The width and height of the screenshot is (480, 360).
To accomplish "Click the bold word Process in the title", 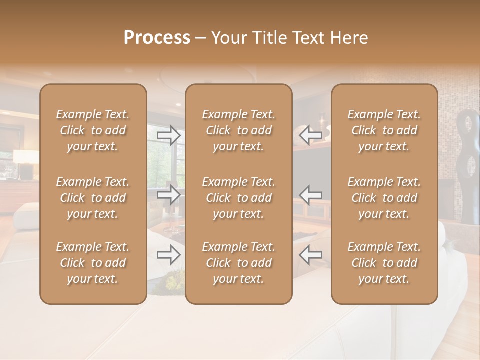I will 157,38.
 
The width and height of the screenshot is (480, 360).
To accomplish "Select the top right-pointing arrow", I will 168,135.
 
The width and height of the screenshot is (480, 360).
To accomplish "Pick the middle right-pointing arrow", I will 168,195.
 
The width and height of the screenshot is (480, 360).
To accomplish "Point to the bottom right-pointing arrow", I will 168,255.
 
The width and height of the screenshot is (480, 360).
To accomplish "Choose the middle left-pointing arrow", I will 311,195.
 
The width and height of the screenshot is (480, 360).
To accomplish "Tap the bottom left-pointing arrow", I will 311,255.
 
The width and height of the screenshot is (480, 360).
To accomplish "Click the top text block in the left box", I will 93,130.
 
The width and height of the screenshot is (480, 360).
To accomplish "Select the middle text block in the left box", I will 93,198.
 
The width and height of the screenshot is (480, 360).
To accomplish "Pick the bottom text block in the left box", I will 93,263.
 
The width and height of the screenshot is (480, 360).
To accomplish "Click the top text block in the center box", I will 238,130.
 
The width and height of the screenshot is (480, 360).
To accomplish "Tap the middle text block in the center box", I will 238,198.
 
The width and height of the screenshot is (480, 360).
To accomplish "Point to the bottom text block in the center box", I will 238,263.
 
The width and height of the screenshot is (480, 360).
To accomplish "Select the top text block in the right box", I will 384,130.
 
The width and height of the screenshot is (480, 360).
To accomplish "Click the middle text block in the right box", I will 384,198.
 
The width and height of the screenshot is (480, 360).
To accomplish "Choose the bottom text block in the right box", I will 384,263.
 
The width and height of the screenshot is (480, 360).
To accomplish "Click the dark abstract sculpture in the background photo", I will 467,165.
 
